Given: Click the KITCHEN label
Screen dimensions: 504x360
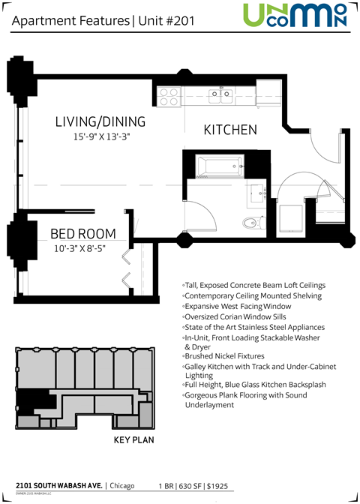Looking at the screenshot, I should pos(230,130).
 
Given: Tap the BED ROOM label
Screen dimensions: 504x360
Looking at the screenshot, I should pos(78,234).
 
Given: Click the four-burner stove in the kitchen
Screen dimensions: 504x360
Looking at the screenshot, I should pos(169,95).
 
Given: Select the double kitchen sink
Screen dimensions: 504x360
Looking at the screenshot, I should pos(220,94).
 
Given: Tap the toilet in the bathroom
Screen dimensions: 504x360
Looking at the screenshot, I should pos(253,221).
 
